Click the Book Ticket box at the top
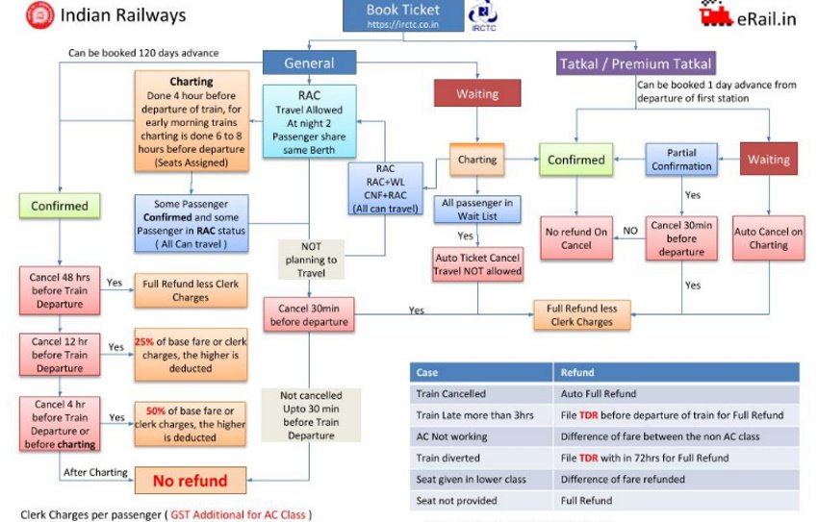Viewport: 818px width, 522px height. [x=403, y=16]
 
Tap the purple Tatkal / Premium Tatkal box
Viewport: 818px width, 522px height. [x=636, y=64]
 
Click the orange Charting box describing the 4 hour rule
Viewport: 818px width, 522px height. [x=191, y=123]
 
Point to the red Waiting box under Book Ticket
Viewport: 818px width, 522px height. [x=477, y=93]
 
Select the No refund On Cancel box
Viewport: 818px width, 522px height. [x=575, y=237]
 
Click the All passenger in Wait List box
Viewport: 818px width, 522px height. [x=478, y=209]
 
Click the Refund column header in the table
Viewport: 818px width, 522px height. [x=576, y=371]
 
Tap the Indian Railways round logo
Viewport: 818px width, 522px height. [x=38, y=16]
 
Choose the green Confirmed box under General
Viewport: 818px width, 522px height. [x=61, y=206]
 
